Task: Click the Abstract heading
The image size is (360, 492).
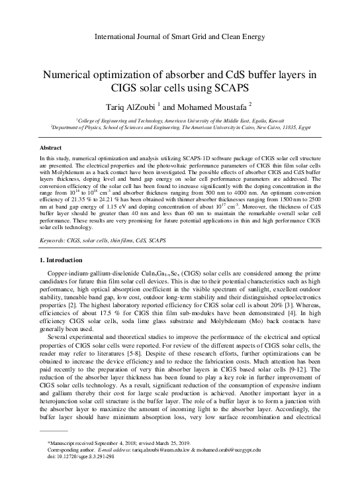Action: pos(52,149)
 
